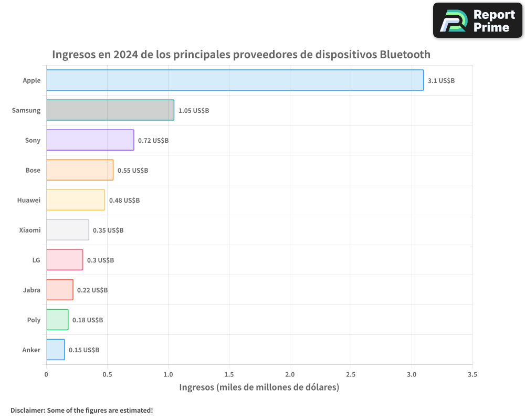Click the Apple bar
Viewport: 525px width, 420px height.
pos(235,80)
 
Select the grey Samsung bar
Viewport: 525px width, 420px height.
pos(110,110)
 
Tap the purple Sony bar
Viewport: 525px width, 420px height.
pos(90,140)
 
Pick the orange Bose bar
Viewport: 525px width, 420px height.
pos(80,170)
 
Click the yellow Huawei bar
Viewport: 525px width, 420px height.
pos(76,200)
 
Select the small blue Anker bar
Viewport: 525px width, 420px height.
pos(56,350)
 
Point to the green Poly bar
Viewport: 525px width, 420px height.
pos(57,320)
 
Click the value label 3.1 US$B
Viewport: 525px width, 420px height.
pos(441,80)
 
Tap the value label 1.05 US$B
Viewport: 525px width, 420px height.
pos(194,110)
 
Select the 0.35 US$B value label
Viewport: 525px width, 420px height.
pos(108,230)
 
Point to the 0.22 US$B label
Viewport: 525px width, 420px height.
pos(92,290)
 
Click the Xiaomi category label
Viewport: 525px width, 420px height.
pos(29,230)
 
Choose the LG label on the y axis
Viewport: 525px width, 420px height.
pos(36,260)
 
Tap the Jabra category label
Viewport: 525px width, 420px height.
pos(31,290)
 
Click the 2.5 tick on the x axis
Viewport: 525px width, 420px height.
pos(351,374)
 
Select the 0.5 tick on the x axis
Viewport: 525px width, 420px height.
pos(107,374)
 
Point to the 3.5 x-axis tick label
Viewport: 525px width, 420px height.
pos(472,374)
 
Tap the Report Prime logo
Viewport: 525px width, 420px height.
pos(478,20)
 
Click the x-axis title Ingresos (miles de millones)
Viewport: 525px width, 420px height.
pos(259,387)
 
